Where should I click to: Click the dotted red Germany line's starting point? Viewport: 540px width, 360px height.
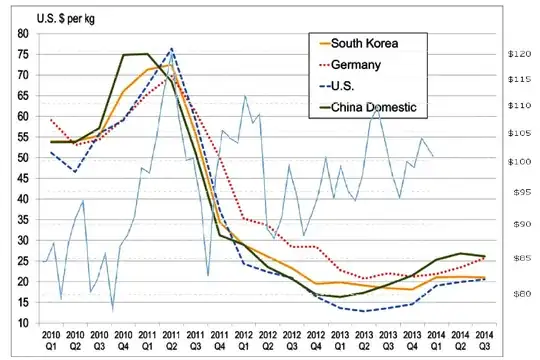tap(50, 120)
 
